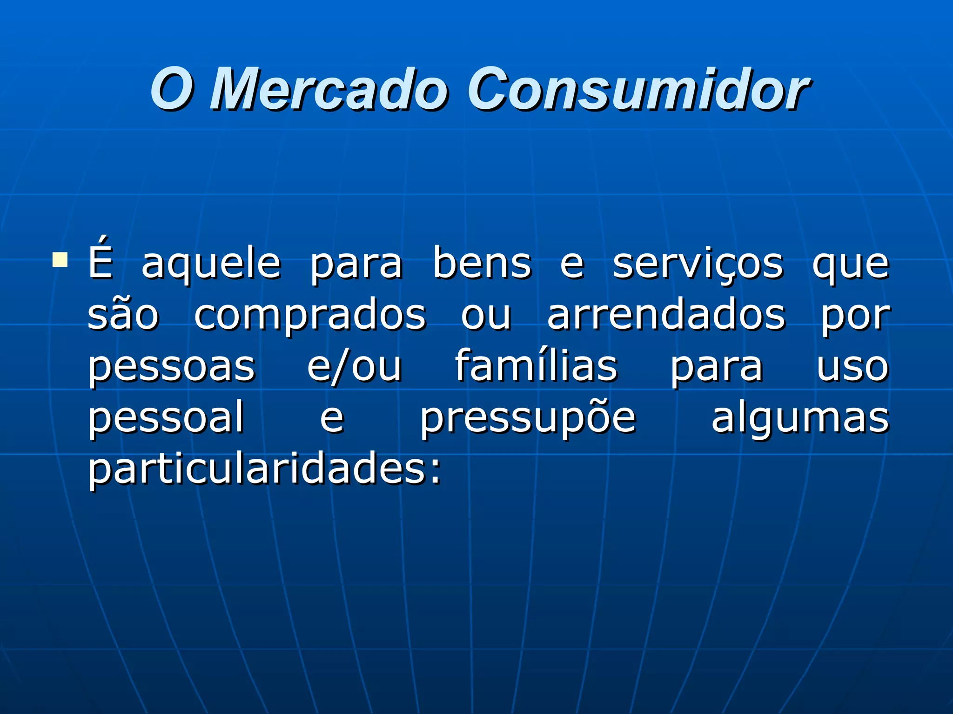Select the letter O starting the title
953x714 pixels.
pyautogui.click(x=170, y=88)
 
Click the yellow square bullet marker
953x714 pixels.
pyautogui.click(x=60, y=261)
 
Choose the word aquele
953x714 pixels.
pyautogui.click(x=211, y=265)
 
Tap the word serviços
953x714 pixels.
pyautogui.click(x=698, y=265)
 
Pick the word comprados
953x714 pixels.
pyautogui.click(x=310, y=316)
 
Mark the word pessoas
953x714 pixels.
pyautogui.click(x=172, y=367)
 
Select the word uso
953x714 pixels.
pyautogui.click(x=852, y=367)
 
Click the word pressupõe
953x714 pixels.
pyautogui.click(x=528, y=418)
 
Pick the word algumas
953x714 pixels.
pyautogui.click(x=800, y=418)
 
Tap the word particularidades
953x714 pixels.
pyautogui.click(x=264, y=469)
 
